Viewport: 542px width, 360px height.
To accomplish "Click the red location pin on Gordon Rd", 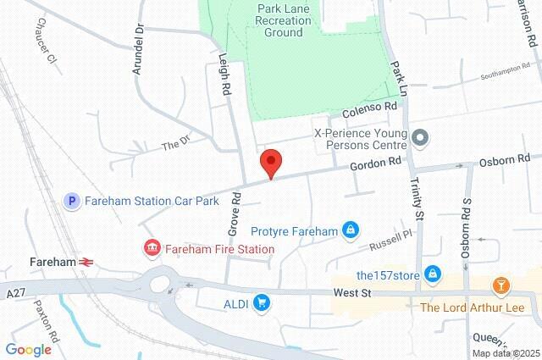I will click(x=270, y=162).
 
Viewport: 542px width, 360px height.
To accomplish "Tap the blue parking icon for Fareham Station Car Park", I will click(x=73, y=201).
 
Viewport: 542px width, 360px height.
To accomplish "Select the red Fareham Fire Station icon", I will click(x=152, y=249).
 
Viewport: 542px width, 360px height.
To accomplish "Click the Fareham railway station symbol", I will click(x=86, y=262).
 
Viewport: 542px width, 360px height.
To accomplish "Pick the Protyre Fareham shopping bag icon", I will click(x=349, y=230).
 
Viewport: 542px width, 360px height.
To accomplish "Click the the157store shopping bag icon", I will click(x=433, y=274).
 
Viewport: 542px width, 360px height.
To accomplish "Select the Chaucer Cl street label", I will click(x=41, y=47).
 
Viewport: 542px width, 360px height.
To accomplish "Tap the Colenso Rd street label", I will click(x=369, y=109).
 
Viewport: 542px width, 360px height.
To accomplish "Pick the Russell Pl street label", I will click(x=390, y=240).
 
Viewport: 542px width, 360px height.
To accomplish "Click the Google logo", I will click(x=28, y=349).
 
